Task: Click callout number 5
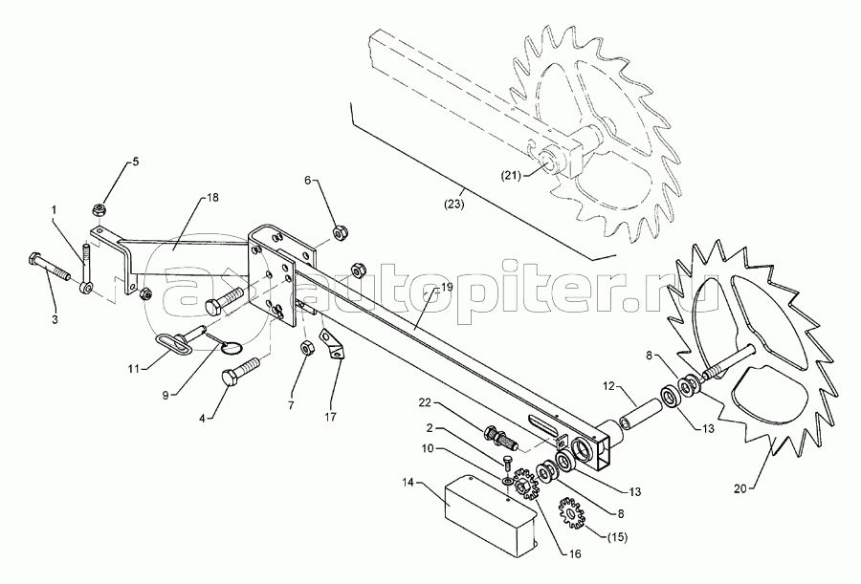click(134, 162)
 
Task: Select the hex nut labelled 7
click(308, 348)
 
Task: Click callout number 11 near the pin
click(133, 366)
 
